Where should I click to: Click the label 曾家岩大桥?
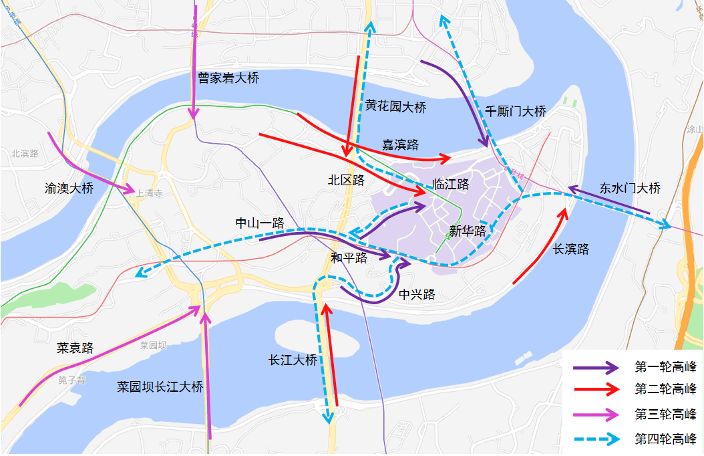point(228,78)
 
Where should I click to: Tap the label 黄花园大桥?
point(395,107)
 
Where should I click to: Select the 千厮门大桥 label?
point(516,112)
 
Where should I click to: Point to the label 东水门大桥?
point(630,189)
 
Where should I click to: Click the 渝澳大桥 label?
point(69,189)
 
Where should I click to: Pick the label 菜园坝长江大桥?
point(160,386)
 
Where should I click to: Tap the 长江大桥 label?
point(293,360)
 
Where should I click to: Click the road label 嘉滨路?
point(400,144)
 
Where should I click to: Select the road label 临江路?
point(451,184)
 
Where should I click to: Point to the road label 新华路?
point(468,231)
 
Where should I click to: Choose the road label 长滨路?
point(571,249)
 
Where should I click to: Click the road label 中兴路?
point(417,294)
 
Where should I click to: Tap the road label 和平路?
point(349,258)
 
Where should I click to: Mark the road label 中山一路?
point(260,223)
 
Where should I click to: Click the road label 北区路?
point(346,180)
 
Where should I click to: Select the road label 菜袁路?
point(75,348)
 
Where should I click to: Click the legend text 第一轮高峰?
point(665,366)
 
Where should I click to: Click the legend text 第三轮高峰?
point(665,415)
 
